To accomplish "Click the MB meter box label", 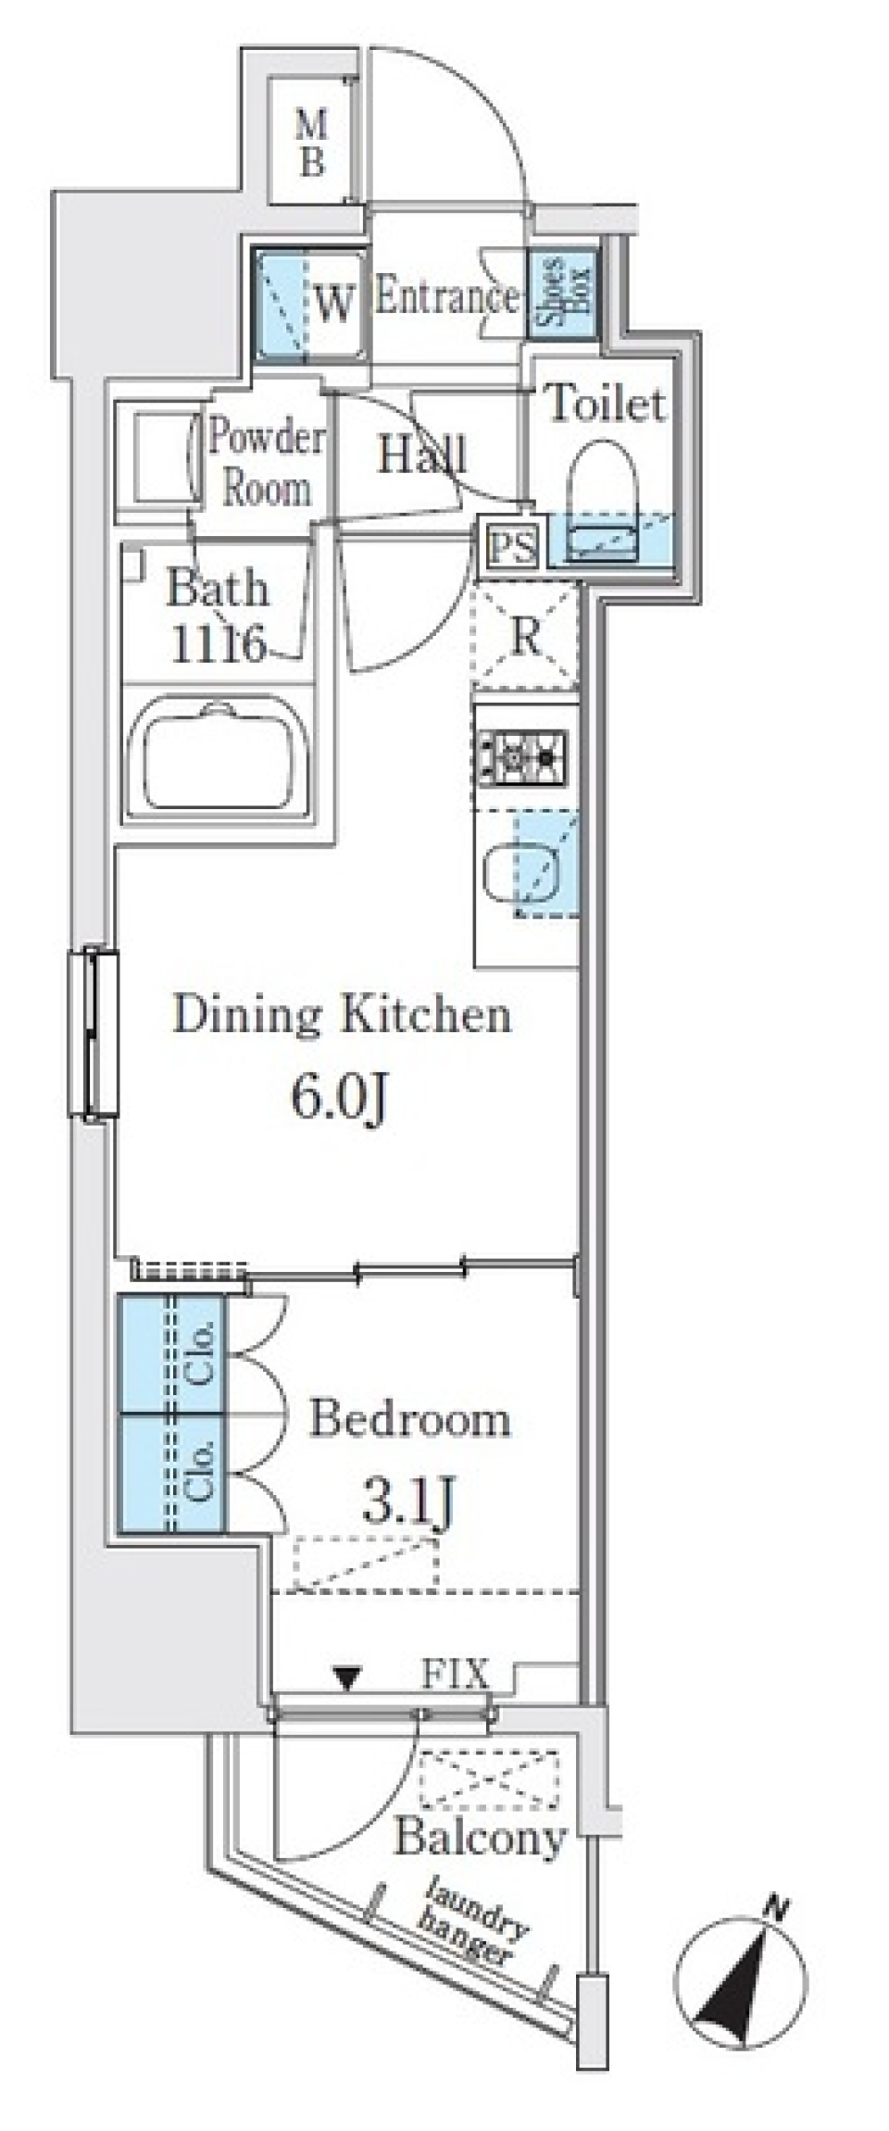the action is [312, 142].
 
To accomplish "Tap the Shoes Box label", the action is [562, 295].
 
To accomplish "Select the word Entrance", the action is [446, 298].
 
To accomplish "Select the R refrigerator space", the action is [525, 636].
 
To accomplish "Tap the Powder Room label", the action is [265, 461].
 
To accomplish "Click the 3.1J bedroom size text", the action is [407, 1502].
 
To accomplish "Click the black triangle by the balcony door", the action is [346, 1676].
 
